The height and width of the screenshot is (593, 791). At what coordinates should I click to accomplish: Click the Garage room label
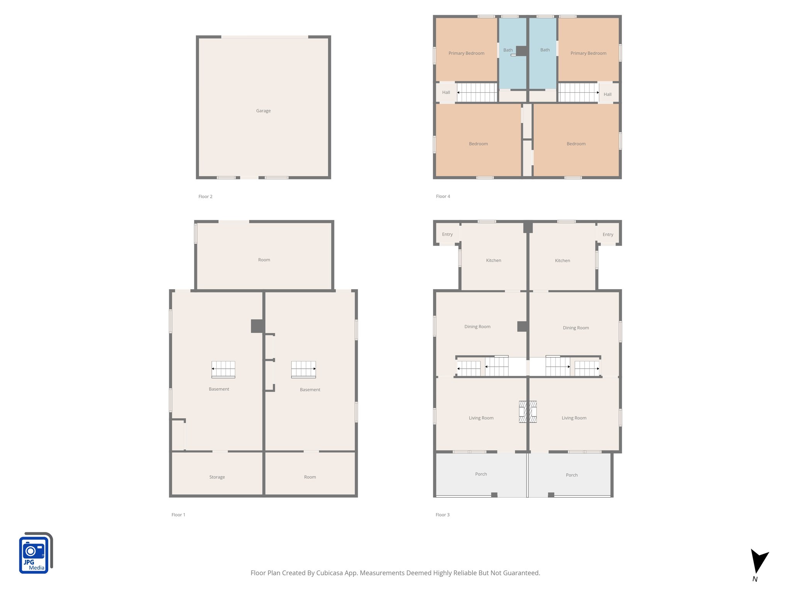pos(263,111)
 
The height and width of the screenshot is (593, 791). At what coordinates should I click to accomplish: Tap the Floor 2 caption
pos(205,197)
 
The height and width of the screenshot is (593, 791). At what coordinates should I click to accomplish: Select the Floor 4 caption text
pos(443,197)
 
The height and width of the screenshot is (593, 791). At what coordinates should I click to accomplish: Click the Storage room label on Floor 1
pos(217,477)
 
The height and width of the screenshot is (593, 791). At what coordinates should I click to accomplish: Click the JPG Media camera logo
pos(36,553)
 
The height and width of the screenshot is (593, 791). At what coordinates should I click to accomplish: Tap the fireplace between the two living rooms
pos(528,412)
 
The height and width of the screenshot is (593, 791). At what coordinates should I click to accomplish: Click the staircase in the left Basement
pos(223,369)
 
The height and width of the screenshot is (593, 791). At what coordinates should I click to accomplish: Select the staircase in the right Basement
pos(304,369)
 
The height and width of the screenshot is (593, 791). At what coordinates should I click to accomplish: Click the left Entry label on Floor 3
pos(447,234)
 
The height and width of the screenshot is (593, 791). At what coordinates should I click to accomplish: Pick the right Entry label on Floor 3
pos(608,235)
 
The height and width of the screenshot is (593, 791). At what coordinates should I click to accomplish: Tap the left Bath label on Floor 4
pos(508,50)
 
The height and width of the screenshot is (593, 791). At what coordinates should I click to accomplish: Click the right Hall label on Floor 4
pos(607,95)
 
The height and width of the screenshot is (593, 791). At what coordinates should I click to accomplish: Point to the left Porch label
pos(481,474)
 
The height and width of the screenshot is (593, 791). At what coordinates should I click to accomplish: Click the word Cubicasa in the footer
pos(331,573)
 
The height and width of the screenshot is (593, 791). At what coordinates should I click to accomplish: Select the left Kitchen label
pos(493,261)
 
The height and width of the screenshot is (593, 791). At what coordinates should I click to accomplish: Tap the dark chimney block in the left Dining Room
pos(522,327)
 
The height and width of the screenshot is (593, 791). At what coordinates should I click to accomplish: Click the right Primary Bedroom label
pos(588,53)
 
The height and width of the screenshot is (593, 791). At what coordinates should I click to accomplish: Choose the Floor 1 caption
pos(178,515)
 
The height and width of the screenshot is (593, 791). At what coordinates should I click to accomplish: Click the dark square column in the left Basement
pos(257,326)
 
